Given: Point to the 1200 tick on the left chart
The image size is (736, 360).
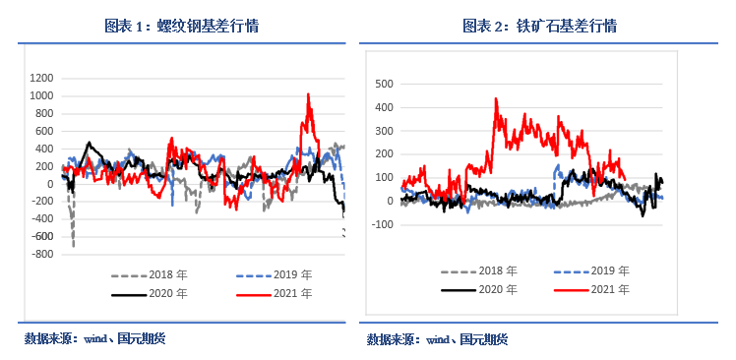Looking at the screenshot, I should coord(40,78).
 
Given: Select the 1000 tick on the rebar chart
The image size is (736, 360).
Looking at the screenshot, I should coord(40,95).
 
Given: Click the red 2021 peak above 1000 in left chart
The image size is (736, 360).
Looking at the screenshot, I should coord(309,95).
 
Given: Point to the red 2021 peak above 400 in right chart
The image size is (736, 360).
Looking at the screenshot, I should coord(496,98).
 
